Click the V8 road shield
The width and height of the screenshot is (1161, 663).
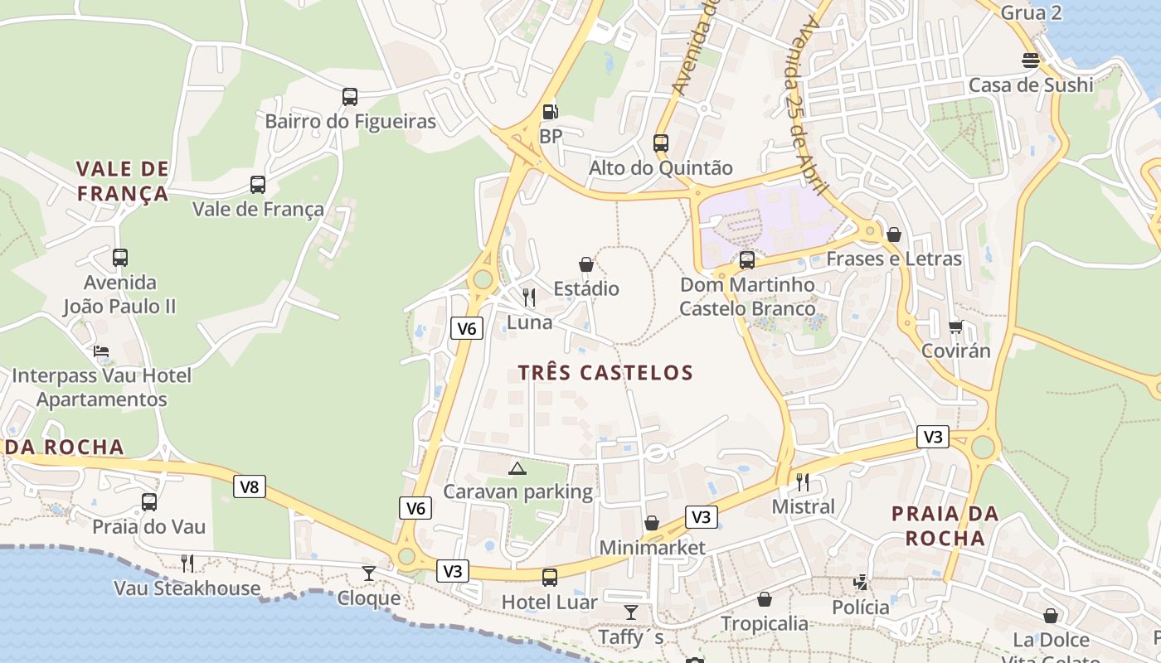250,486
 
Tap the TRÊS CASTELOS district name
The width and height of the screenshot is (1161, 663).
605,373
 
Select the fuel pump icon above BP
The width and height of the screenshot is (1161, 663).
549,112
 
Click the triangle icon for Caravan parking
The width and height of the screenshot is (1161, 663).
517,469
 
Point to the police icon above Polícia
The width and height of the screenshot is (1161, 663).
861,583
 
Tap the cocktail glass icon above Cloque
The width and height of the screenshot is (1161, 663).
369,573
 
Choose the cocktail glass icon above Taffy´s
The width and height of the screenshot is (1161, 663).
631,612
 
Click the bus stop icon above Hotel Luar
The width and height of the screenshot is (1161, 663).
549,578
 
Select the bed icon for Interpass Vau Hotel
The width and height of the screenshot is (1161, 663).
101,351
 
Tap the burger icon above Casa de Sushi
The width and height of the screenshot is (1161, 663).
1031,60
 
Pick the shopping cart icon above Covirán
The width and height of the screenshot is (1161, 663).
955,327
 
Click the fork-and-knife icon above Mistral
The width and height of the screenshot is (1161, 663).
803,482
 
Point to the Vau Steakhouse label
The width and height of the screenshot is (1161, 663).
187,589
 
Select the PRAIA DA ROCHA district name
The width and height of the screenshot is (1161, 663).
945,526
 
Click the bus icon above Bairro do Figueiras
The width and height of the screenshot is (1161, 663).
350,97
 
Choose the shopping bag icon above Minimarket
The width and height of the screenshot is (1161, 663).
652,523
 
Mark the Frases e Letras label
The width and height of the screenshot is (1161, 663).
894,259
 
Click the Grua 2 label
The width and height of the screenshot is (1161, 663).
1031,12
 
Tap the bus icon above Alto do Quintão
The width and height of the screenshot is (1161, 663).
661,143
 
